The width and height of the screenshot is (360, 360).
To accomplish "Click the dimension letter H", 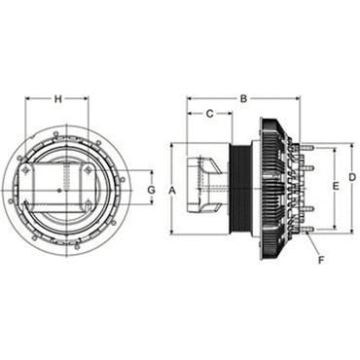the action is coord(57,99).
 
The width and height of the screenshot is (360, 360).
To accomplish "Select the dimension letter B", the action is coord(243,99).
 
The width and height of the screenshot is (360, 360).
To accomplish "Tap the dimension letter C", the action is coord(210,114).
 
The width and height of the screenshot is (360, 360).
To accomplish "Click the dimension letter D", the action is coord(352,177).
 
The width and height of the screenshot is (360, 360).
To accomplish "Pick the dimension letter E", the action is coord(336,186).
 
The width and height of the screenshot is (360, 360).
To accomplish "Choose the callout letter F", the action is coord(321,260).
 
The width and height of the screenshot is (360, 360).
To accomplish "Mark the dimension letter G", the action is coord(152,190).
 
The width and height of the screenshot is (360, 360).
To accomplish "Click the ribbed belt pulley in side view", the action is coord(239,188).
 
